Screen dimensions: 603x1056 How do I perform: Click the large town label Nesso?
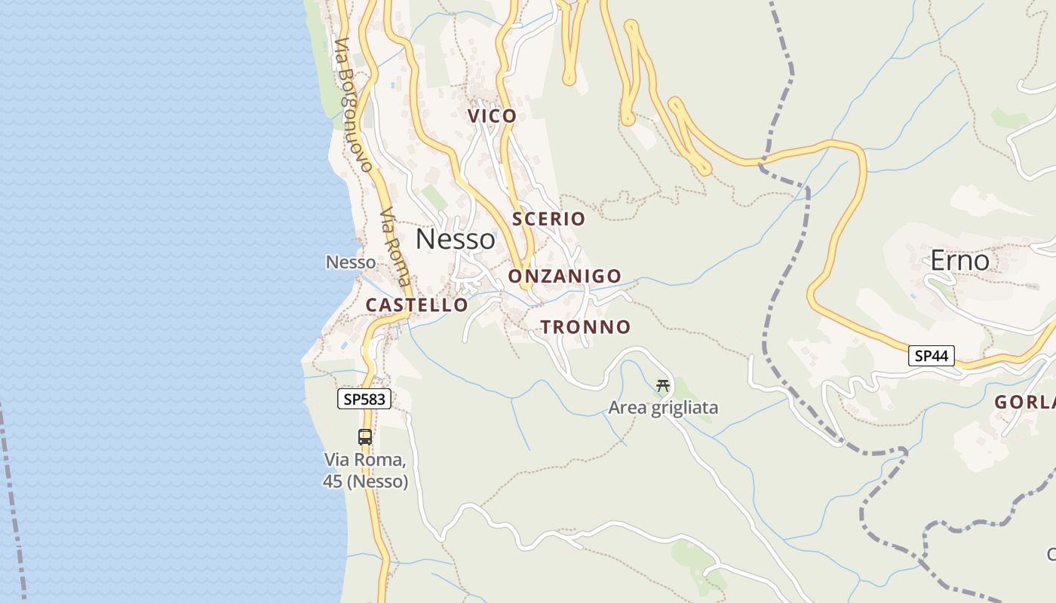pos(456,239)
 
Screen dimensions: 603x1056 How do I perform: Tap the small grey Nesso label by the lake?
pos(351,262)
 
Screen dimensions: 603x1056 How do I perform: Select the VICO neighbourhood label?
pos(492,116)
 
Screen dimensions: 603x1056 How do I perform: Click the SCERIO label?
pos(548,219)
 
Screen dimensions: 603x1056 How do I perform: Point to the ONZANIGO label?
pos(564,277)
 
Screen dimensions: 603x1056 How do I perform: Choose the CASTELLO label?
pos(416,305)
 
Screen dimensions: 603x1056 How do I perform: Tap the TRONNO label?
pos(585,327)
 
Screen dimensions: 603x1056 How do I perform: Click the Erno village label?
pos(959,261)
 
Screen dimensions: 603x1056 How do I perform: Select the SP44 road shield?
pos(931,356)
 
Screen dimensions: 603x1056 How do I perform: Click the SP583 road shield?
pos(364,399)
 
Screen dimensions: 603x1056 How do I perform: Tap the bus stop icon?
pos(365,436)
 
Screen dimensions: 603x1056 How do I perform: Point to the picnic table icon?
pos(663,386)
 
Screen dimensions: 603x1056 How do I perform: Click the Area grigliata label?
pos(663,409)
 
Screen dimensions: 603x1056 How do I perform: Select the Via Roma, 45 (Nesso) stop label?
pos(366,470)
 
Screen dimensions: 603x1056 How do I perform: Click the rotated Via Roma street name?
pos(396,245)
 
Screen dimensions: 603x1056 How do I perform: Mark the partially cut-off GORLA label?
pos(1025,403)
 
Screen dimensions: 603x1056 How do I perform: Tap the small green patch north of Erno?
pos(1009,118)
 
